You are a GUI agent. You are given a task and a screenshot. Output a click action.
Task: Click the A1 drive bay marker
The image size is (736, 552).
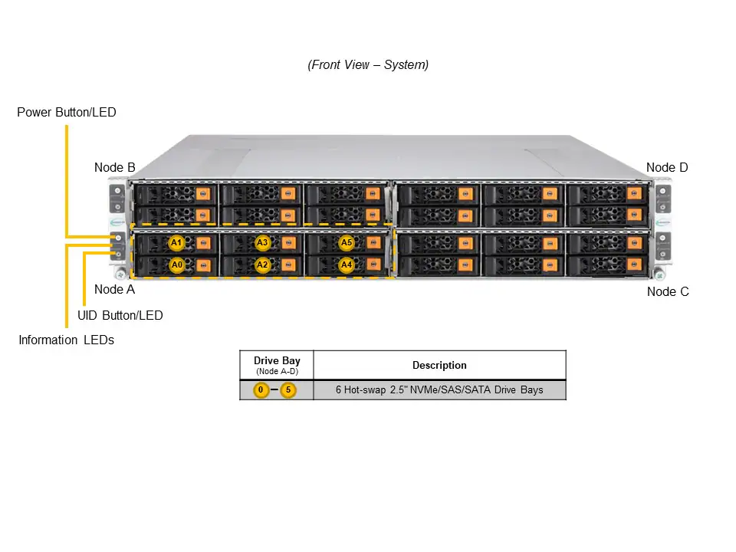pos(176,243)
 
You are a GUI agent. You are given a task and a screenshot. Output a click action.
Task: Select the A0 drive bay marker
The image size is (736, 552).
pos(176,264)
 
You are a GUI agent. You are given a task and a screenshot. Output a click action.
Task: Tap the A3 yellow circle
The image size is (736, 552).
pos(262,243)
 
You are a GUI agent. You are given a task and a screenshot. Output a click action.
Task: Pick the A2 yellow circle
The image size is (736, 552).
pos(262,264)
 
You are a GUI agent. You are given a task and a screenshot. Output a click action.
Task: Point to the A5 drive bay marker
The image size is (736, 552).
pos(347,243)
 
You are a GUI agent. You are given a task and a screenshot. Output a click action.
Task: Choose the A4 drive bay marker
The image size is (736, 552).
pos(347,264)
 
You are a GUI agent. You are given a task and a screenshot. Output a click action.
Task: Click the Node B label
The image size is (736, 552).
pos(115,167)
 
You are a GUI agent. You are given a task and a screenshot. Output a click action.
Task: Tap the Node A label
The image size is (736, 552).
pos(114,289)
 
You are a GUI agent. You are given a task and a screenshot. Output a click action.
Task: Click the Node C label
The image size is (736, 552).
pos(668,291)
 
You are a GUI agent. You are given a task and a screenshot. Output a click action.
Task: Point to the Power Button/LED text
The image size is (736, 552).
pos(67,113)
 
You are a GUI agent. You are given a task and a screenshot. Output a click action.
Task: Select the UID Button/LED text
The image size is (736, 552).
pos(120,315)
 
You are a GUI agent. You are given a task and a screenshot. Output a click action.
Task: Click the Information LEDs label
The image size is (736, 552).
pos(66,340)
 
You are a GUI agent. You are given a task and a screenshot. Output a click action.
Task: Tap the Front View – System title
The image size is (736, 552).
pos(368,65)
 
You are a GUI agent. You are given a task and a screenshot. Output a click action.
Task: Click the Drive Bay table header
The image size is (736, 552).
pos(277,360)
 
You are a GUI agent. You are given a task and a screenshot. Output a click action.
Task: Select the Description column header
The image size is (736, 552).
pos(439,365)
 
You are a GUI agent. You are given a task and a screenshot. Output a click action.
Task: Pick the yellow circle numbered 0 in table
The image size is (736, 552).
pos(261,390)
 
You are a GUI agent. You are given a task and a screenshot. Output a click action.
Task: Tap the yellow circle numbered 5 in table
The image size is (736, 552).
pos(288,390)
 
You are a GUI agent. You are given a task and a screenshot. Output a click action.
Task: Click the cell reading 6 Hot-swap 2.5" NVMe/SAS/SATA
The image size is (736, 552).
pos(439,389)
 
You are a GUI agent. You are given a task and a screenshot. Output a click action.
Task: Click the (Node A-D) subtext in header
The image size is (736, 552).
pos(277,371)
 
